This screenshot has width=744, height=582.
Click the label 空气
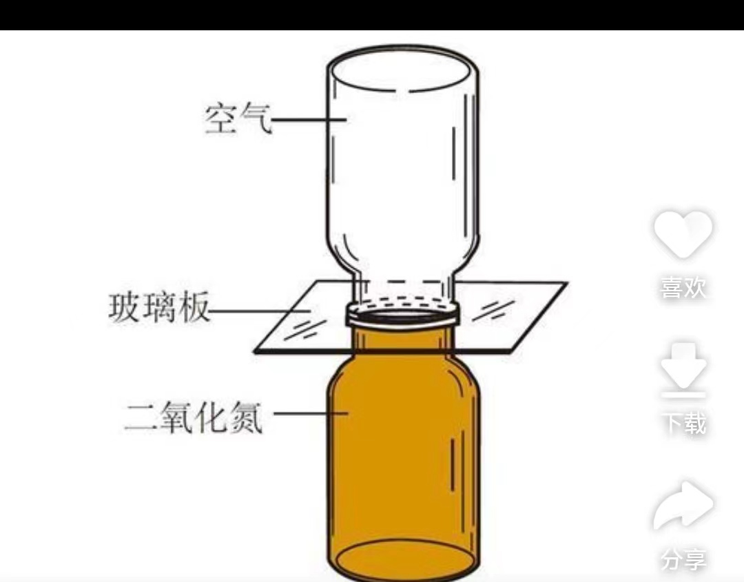pos(238,118)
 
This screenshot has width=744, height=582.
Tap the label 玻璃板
pos(159,309)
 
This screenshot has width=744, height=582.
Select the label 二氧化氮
pos(194,417)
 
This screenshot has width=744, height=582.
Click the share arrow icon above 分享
pos(683,505)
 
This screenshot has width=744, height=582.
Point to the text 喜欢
pos(683,288)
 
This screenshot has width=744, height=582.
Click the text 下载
pos(683,423)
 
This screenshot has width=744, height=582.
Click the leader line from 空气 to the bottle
pos(309,119)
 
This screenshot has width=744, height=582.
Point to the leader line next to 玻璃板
pos(260,311)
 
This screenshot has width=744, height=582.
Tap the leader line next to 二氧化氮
pos(311,413)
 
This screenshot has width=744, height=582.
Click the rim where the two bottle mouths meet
pos(403,316)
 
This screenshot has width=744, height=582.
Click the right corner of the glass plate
pos(566,284)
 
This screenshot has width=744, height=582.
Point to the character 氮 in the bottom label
pos(246,417)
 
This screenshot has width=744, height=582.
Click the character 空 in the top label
pos(220,118)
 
